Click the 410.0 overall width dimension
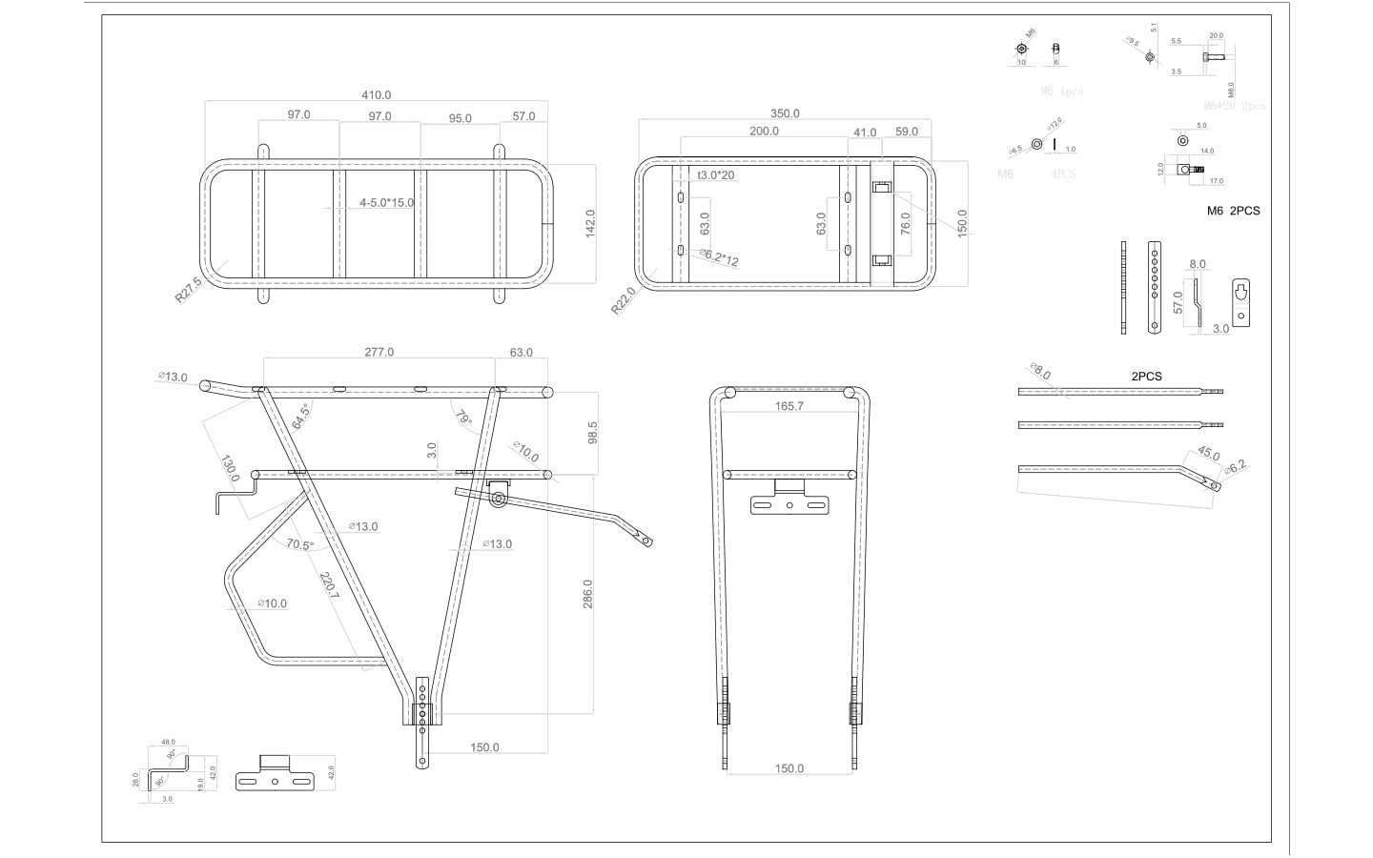coord(376,95)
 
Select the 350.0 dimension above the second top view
coord(785,113)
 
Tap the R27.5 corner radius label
coord(189,290)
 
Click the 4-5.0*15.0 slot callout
coord(387,203)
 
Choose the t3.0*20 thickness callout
coord(716,175)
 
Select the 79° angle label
coord(463,418)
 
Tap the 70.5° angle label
coord(299,545)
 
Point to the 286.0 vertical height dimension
coord(588,593)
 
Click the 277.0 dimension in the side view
coord(379,353)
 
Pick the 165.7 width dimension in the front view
coord(789,406)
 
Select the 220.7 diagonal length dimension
coord(328,584)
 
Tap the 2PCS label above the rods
coord(1146,377)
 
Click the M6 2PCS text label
coord(1233,211)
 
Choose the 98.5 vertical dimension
coord(593,432)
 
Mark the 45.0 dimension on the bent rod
coord(1208,454)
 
